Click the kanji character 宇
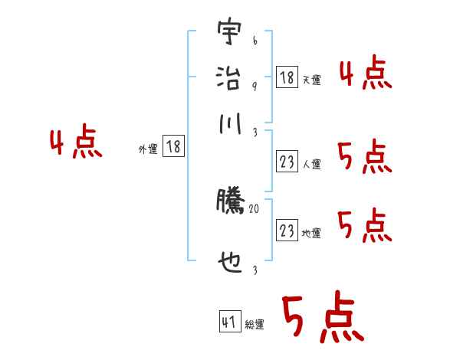pos(229,34)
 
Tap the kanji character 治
pos(229,77)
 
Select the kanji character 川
pos(229,123)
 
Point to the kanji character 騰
pos(229,201)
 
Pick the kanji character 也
pos(229,264)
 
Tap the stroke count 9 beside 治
pos(255,86)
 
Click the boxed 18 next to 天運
pos(286,77)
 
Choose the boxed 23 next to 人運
pos(287,162)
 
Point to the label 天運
pos(311,80)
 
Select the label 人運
pos(311,164)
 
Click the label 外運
pos(148,149)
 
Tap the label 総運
pos(255,324)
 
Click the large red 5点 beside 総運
pos(321,318)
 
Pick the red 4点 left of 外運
pos(77,144)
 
